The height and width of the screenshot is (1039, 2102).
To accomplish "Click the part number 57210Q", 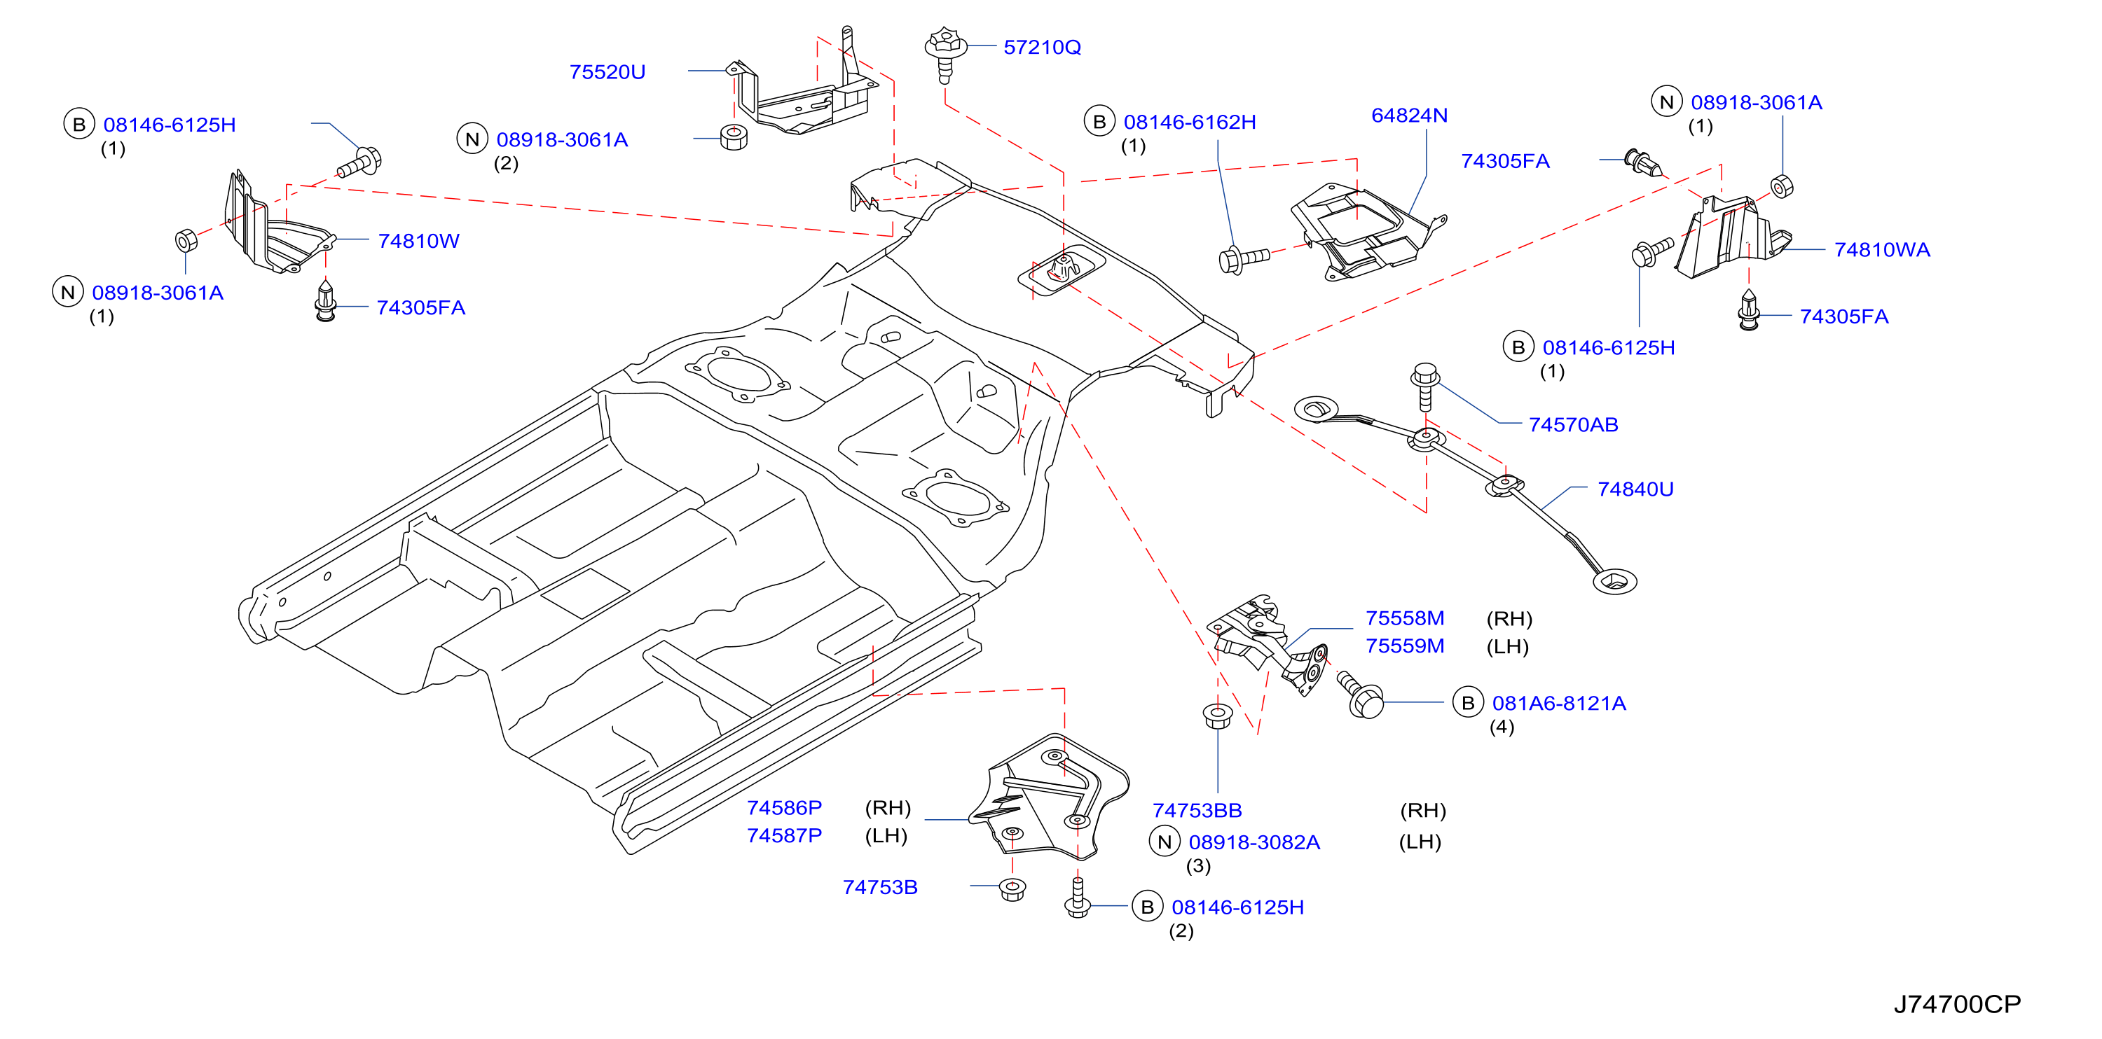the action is coord(1042,48).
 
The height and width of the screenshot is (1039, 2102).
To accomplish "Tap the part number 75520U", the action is coord(607,72).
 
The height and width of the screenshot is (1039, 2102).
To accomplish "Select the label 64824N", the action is coord(1409,115).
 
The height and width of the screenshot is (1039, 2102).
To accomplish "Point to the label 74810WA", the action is coord(1882,249).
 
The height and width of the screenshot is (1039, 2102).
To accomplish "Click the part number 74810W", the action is coord(418,241).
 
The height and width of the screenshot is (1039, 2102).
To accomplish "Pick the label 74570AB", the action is coord(1573,424).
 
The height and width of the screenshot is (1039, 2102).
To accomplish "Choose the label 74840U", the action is coord(1635,489).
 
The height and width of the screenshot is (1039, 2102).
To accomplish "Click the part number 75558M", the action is coord(1405,618).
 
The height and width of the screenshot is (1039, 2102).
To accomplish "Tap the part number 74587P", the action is coord(784,835).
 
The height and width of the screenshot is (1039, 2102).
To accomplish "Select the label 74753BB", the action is coord(1197,810).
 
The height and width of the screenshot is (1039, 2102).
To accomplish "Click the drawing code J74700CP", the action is coord(1957,1004).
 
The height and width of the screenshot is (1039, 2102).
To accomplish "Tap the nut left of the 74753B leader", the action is coord(1012,888).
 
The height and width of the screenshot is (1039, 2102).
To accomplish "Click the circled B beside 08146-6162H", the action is coord(1099,122).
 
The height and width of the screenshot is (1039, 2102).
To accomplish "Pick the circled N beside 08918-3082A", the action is coord(1165,842).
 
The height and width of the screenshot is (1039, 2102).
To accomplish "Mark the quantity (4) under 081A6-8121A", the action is coord(1502,727).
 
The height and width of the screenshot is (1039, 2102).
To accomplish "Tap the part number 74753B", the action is coord(879,886).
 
